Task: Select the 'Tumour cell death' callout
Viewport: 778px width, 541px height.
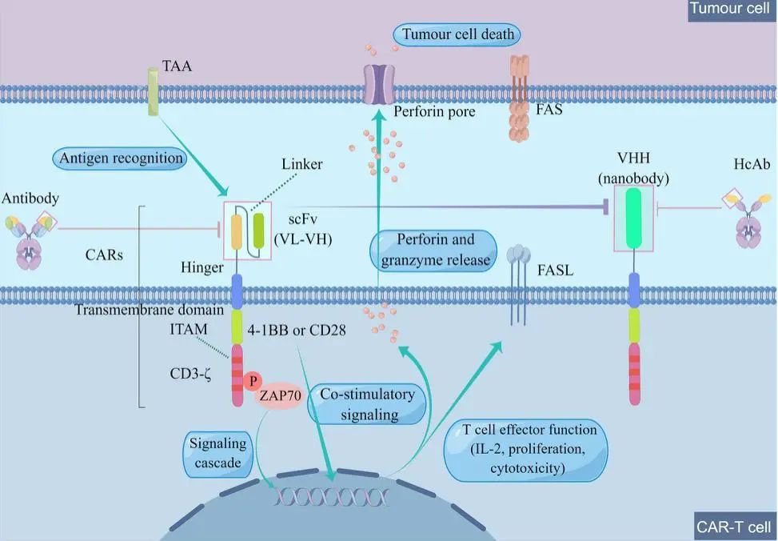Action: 457,34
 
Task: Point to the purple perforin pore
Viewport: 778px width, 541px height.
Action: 378,85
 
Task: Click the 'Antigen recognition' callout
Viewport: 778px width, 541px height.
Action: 121,158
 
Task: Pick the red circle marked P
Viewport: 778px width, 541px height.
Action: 253,381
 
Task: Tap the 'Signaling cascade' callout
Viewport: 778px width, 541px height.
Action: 217,453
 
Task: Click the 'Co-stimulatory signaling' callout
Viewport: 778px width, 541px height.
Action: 368,404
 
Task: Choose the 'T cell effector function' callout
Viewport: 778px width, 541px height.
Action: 526,450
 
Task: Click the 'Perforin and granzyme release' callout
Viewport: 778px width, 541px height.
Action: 433,250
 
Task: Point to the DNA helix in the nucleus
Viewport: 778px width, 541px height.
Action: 332,495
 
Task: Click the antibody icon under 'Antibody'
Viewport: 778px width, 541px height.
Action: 30,240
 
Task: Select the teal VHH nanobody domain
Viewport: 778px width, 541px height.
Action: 633,218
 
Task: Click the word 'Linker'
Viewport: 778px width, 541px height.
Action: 301,164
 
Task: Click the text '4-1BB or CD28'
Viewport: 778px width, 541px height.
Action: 296,331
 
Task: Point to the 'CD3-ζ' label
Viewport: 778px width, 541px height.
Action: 190,374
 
